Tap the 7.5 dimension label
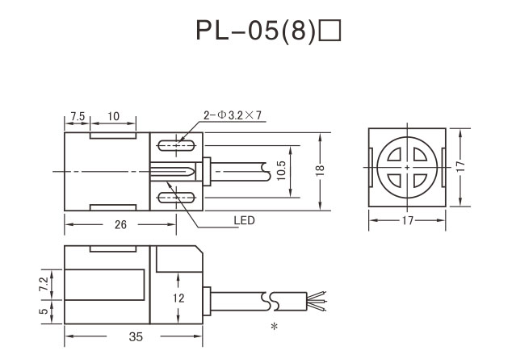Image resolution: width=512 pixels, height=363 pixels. pyautogui.click(x=78, y=116)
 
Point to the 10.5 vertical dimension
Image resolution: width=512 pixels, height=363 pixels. pyautogui.click(x=281, y=171)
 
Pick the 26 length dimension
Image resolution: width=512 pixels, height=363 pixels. pyautogui.click(x=120, y=225)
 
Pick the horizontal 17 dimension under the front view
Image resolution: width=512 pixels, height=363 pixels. pyautogui.click(x=406, y=219)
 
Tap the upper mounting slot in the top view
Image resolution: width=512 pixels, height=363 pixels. pyautogui.click(x=175, y=145)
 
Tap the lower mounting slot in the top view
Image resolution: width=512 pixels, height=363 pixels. pyautogui.click(x=175, y=197)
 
